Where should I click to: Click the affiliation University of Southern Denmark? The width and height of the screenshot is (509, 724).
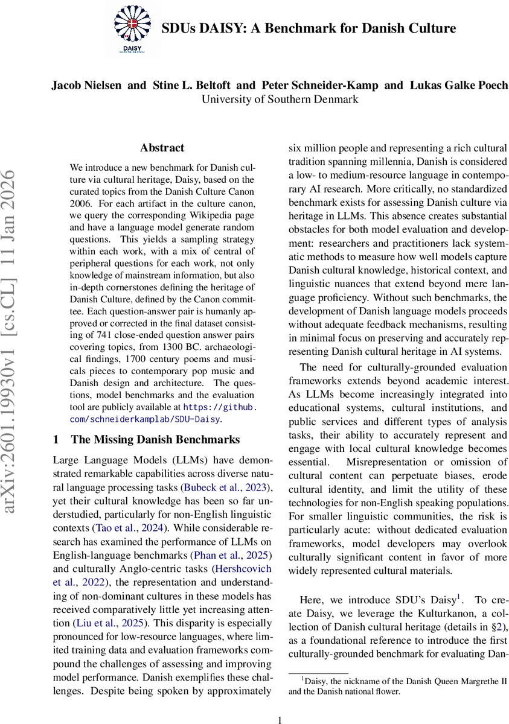[x=280, y=100]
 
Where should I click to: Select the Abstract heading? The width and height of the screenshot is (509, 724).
[x=162, y=148]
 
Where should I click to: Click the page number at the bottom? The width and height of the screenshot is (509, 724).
[x=279, y=720]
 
